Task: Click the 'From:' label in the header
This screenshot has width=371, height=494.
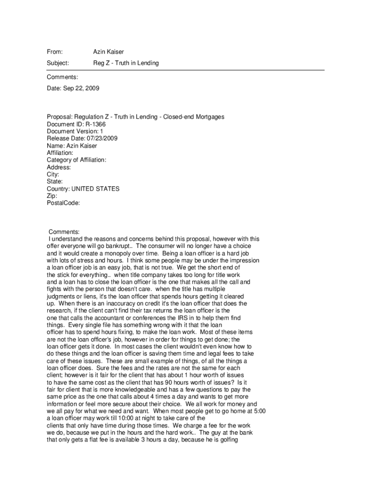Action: [x=55, y=52]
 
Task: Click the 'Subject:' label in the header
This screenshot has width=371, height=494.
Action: [x=58, y=63]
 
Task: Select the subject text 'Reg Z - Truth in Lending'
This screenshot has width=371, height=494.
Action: [x=126, y=63]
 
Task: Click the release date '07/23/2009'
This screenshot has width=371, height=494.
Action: [x=100, y=138]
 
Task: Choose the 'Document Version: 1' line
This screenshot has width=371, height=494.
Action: [x=75, y=131]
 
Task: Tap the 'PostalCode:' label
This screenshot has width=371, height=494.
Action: [x=63, y=204]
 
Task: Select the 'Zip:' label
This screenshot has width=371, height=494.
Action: [x=52, y=196]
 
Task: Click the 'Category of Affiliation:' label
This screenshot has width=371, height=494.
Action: [x=77, y=160]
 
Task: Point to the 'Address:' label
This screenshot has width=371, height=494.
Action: [x=59, y=167]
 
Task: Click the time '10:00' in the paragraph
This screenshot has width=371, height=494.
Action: [x=122, y=418]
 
